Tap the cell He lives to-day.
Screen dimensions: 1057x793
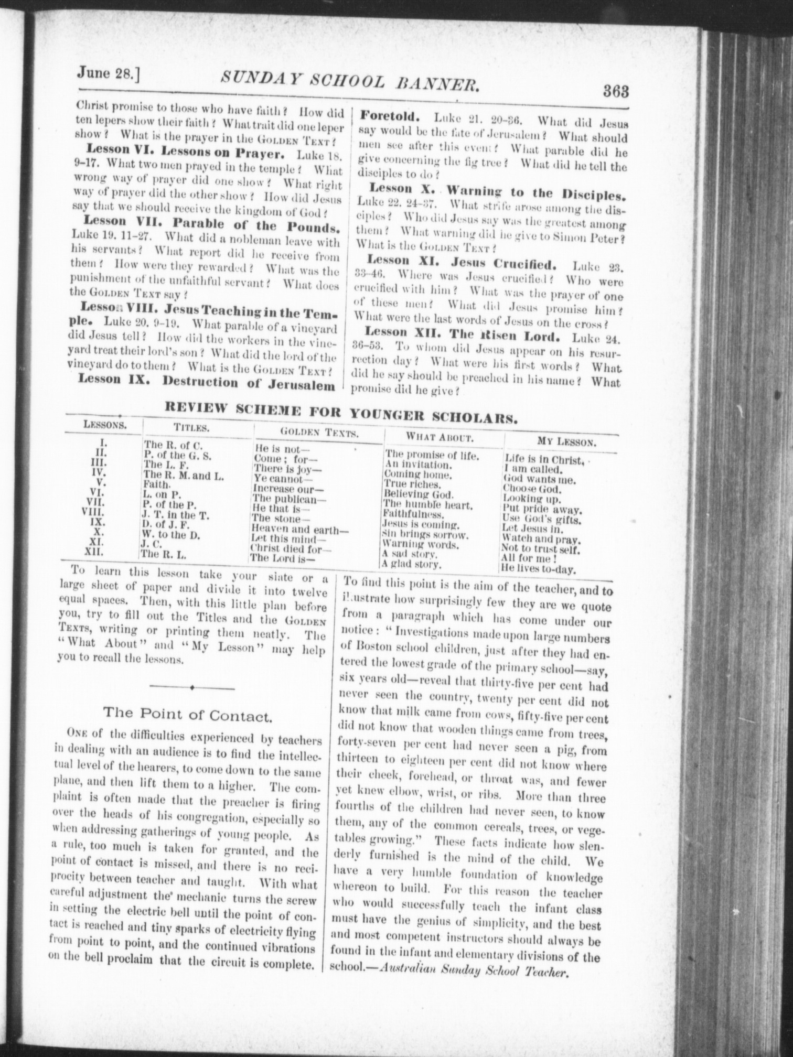[x=539, y=569]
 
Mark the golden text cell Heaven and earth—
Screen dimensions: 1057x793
[x=299, y=528]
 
